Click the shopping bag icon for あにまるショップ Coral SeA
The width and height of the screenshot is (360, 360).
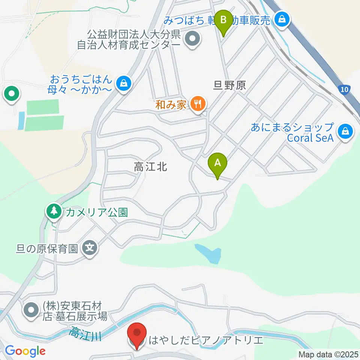(343, 131)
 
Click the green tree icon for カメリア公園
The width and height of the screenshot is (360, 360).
(54, 211)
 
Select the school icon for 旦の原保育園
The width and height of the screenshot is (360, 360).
(90, 248)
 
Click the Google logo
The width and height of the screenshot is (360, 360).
(25, 351)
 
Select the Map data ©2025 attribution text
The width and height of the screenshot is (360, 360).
(328, 354)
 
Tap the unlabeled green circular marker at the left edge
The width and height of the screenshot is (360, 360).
(12, 94)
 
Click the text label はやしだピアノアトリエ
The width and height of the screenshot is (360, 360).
(206, 340)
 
